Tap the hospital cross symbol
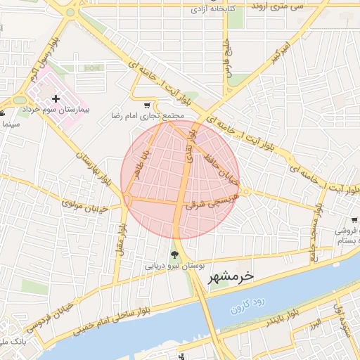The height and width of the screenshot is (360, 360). (56, 100)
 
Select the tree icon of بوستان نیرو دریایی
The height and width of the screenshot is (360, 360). (174, 256)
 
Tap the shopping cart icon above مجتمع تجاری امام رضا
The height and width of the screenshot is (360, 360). (146, 105)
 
